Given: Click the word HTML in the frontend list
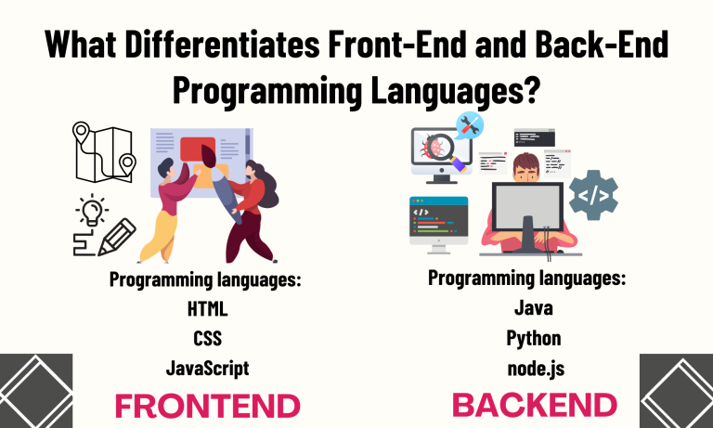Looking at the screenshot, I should (x=207, y=307).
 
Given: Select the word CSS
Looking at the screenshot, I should (x=207, y=337).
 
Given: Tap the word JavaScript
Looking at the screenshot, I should (x=207, y=368).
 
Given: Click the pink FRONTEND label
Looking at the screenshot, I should (x=207, y=406).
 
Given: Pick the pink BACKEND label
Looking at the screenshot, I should (x=535, y=405).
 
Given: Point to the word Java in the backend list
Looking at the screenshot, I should (x=535, y=307).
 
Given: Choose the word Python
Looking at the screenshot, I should (x=535, y=337).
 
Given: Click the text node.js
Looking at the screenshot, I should (x=535, y=368).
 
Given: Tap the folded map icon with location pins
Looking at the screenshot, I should (x=102, y=155).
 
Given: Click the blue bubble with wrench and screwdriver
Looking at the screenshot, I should (x=471, y=126).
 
